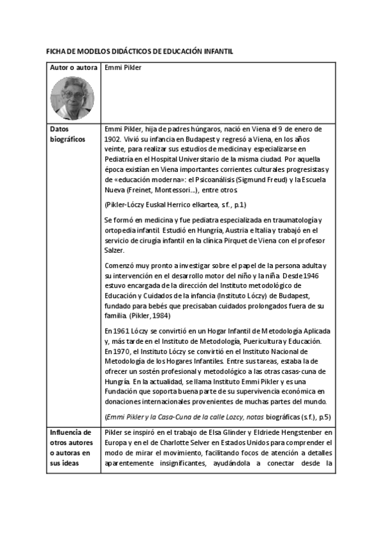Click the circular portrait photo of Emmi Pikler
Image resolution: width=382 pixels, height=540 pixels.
pos(71,98)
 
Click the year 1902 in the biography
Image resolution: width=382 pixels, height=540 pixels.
pos(112,138)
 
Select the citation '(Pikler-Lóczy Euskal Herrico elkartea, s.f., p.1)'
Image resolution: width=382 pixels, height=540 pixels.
pos(175,204)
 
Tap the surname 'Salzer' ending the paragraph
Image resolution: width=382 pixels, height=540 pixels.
pos(114,250)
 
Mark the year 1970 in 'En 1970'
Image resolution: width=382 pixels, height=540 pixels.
pos(121,352)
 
